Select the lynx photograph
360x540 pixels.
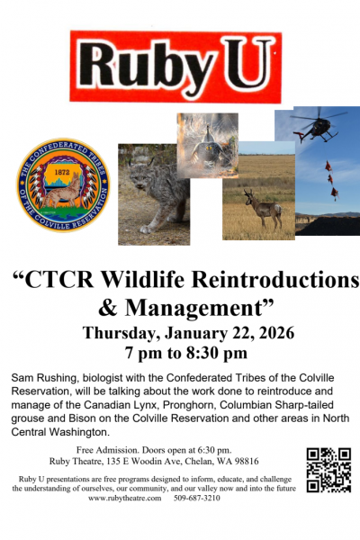click(x=154, y=194)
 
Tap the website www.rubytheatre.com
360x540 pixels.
click(x=126, y=498)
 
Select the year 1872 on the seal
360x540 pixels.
click(x=63, y=171)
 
